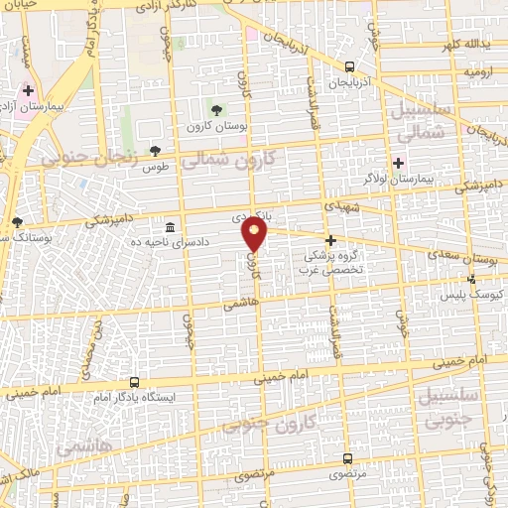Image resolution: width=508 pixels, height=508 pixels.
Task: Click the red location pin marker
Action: point(255,234)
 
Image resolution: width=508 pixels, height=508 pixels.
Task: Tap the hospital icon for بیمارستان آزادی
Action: point(28,90)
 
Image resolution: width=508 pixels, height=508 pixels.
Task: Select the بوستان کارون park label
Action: point(210,126)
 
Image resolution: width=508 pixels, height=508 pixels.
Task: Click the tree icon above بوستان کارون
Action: point(216,109)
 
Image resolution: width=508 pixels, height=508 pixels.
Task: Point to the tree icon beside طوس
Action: point(154,151)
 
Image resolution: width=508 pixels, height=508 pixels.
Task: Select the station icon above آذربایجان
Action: point(349,67)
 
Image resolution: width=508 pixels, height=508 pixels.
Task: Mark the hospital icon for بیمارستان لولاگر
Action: point(398,163)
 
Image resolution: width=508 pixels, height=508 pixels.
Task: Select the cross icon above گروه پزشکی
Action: point(330,240)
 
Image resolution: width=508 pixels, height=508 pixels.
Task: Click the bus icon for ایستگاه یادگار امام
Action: point(135,382)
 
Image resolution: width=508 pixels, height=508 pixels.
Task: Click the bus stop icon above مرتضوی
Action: point(346,458)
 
